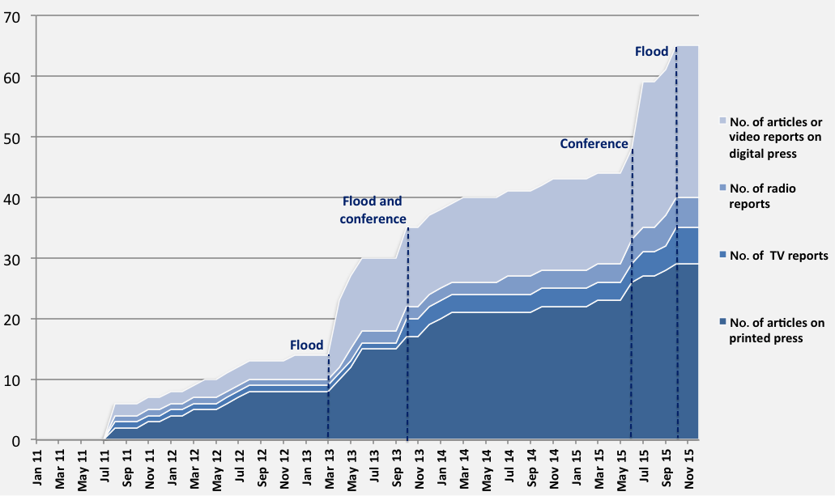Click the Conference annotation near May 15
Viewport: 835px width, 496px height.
point(594,144)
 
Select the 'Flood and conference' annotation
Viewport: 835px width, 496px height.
point(373,210)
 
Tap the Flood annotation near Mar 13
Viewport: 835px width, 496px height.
point(306,345)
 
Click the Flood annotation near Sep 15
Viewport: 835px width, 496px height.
point(651,52)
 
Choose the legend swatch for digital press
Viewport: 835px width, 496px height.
point(722,121)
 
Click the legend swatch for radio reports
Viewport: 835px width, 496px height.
point(722,189)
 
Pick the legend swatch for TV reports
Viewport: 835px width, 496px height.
point(722,256)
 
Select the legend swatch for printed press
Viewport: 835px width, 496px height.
point(722,323)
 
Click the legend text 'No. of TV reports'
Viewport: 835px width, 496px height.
point(778,256)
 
